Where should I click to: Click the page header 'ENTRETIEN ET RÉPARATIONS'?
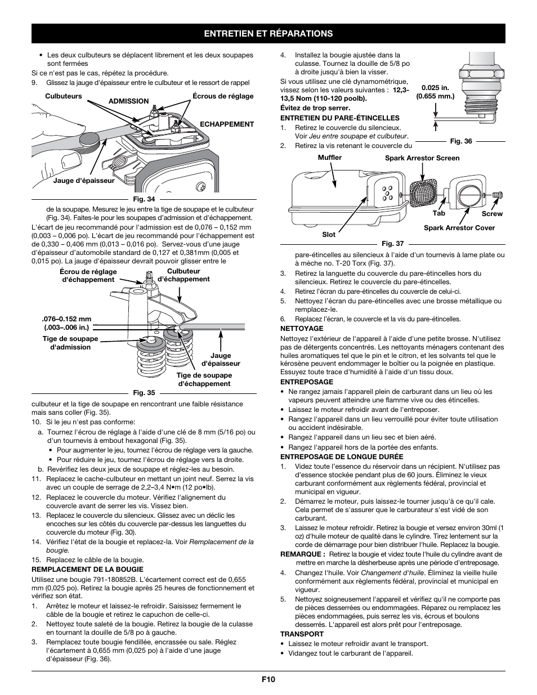click(268, 34)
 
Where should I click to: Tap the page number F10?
click(268, 679)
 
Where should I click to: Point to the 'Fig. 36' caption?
click(460, 141)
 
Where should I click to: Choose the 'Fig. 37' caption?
click(392, 244)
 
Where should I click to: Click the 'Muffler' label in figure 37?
click(329, 158)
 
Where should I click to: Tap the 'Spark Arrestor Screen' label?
click(422, 158)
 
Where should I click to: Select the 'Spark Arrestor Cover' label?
click(459, 228)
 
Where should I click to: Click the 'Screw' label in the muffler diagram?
click(492, 214)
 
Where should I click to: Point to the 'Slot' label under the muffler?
click(329, 234)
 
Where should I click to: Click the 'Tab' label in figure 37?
click(438, 214)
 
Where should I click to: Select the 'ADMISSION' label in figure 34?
click(128, 101)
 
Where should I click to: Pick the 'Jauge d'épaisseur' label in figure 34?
click(84, 181)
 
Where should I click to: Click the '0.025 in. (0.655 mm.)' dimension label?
click(435, 92)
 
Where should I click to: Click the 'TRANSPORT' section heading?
click(302, 634)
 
